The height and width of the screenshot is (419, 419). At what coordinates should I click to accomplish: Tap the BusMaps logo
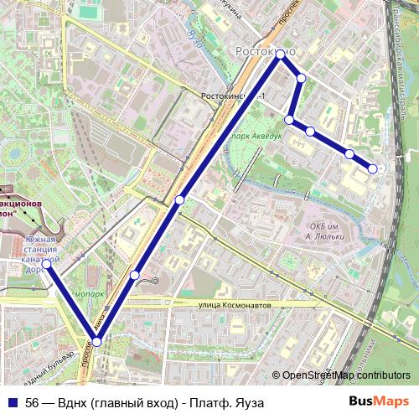point(380,402)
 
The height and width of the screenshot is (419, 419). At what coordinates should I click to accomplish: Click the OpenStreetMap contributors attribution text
point(346,375)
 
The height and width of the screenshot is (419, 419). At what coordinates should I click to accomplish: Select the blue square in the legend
point(12,402)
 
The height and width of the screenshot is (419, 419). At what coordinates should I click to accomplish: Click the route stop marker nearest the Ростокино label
point(280,56)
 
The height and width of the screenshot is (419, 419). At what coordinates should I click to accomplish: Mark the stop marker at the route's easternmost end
point(373,168)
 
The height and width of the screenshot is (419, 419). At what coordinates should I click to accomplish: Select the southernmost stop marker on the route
point(97,341)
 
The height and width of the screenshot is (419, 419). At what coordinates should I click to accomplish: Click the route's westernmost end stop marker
point(49,265)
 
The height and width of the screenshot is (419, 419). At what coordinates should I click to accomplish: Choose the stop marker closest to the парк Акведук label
point(289,120)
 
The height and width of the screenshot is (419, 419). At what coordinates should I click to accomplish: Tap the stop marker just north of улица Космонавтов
point(135,275)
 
